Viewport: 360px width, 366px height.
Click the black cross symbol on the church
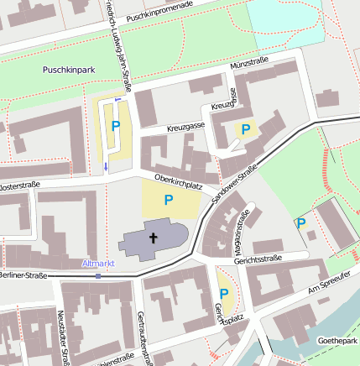pos(154,238)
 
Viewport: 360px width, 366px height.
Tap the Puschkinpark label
pos(69,71)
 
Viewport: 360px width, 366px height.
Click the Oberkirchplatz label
pos(179,181)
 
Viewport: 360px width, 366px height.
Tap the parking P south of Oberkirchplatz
pos(168,201)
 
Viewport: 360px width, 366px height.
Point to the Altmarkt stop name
pos(98,264)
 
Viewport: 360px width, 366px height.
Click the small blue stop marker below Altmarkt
pos(98,275)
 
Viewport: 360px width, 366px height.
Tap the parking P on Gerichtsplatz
pos(224,294)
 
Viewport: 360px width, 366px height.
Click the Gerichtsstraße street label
pos(258,260)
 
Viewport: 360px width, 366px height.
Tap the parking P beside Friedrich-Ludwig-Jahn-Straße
pos(117,127)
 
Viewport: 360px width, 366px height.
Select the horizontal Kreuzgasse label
pos(185,126)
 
